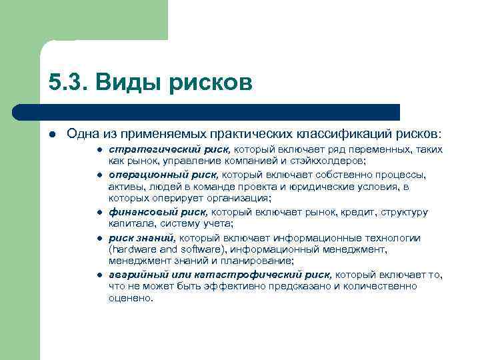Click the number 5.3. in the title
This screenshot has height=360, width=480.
(68, 83)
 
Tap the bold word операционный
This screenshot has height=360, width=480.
(139, 175)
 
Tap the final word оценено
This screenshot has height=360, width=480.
(129, 298)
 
